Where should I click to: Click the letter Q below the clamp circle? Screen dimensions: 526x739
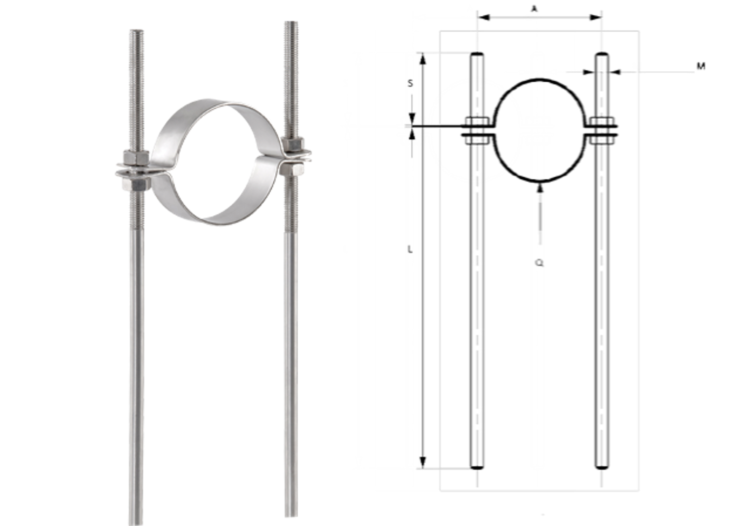tap(476, 262)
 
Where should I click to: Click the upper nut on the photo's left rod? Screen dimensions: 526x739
tap(136, 157)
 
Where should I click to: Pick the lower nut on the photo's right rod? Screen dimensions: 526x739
tap(291, 170)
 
